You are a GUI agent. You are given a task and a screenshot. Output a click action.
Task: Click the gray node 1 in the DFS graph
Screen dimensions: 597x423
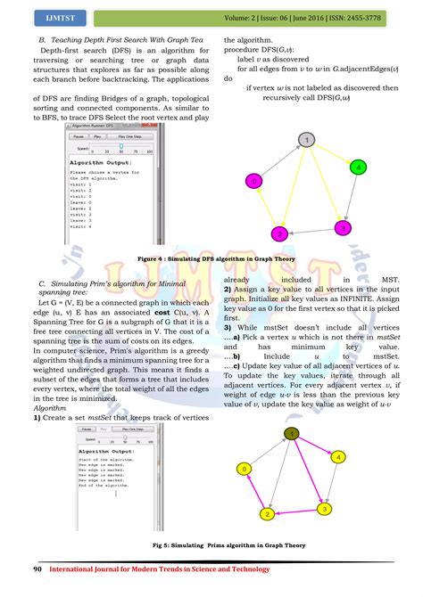[307, 140]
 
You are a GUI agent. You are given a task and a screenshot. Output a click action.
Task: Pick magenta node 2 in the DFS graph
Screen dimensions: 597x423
[280, 233]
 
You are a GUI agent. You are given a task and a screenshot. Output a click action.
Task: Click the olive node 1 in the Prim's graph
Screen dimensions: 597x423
[290, 434]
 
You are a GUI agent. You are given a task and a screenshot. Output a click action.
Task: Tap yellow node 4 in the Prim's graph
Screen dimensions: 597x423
[337, 457]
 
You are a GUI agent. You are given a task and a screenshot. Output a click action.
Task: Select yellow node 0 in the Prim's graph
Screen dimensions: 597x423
[242, 470]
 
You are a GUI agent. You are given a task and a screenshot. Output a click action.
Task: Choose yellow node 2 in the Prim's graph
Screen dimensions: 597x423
[265, 514]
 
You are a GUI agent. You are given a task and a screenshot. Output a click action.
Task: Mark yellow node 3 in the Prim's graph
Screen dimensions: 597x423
[326, 509]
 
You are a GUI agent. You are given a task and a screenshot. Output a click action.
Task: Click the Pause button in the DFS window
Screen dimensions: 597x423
[79, 136]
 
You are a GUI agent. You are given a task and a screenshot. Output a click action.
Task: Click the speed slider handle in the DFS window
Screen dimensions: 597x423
[95, 145]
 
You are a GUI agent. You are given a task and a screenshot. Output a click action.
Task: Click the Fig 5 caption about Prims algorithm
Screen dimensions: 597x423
[211, 544]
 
